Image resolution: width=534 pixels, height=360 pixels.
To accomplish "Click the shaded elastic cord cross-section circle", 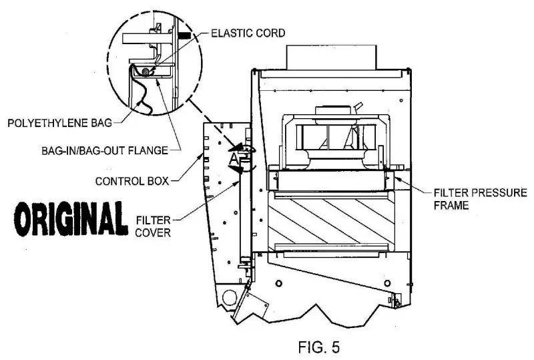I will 146,69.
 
